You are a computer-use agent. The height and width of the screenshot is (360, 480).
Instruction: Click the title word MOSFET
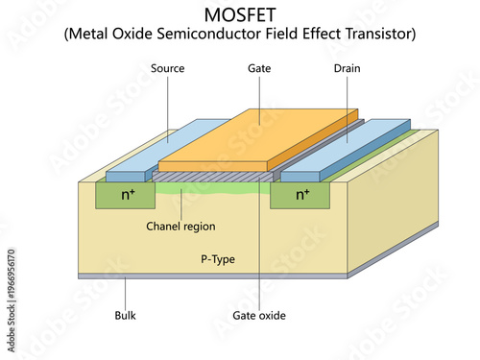240,14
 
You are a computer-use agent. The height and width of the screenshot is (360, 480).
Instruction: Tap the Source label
167,69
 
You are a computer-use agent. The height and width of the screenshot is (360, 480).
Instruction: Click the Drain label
347,69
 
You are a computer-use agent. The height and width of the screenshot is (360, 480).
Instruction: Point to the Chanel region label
180,227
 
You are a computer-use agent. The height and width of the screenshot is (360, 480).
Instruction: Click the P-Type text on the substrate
218,259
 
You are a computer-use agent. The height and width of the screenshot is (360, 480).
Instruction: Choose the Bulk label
126,314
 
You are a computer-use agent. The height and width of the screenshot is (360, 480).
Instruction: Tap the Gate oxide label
259,314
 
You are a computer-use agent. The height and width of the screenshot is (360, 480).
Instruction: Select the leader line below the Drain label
347,106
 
